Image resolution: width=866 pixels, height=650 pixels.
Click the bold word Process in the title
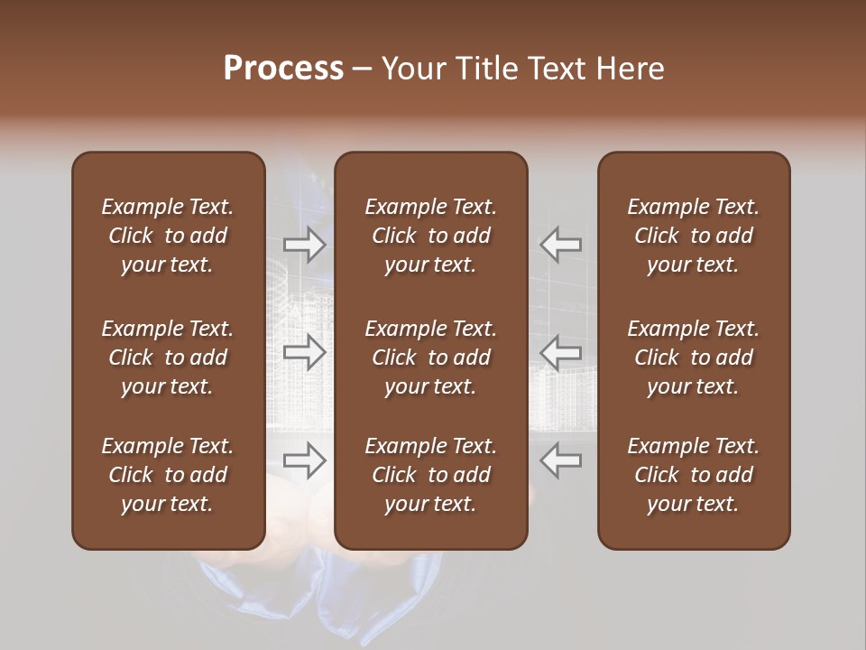(283, 69)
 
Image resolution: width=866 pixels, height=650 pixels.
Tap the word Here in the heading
(631, 69)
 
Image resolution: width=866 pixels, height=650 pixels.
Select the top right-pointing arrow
(304, 244)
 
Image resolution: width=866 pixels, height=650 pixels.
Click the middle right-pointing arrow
(304, 352)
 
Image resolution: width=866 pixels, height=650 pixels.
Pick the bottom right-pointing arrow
(304, 460)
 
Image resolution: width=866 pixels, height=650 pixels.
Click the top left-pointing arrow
(561, 244)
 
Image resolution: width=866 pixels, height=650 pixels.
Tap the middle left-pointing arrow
(561, 352)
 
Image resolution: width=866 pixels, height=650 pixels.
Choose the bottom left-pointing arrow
(561, 460)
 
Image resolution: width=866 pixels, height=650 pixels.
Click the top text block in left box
(168, 236)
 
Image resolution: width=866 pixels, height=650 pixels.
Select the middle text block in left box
(168, 357)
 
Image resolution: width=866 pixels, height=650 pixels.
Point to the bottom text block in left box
(168, 475)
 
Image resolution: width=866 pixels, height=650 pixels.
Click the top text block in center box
(431, 236)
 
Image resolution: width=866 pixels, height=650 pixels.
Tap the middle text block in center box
(431, 357)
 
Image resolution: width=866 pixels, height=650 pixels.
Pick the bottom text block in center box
(431, 475)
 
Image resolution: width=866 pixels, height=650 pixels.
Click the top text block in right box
(694, 236)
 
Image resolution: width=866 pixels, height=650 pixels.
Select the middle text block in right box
(694, 357)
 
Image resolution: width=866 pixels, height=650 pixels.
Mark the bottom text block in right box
(694, 475)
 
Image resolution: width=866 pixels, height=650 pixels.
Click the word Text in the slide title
(557, 69)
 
